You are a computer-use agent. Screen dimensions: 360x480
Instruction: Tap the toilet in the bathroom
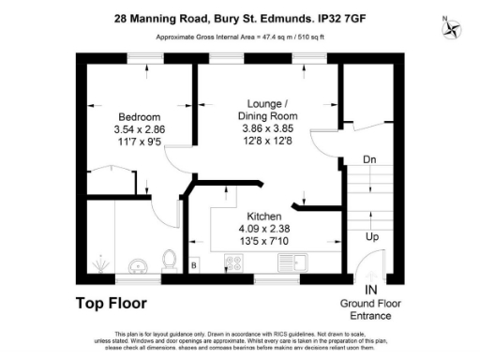pos(170,257)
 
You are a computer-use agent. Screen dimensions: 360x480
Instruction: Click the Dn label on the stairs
pos(371,159)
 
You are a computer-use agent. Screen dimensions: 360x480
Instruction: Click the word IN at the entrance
pos(371,291)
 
